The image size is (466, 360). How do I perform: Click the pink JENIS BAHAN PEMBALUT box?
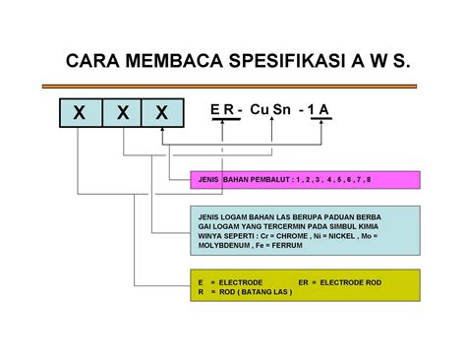click(306, 181)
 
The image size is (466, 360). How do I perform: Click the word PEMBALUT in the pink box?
click(264, 181)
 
